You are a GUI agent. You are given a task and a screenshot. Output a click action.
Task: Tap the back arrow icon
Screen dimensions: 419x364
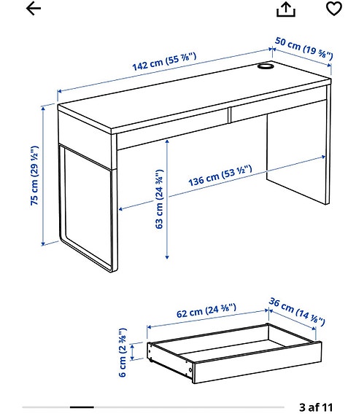pyautogui.click(x=34, y=9)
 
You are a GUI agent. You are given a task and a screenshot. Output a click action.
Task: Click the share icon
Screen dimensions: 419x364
pyautogui.click(x=287, y=9)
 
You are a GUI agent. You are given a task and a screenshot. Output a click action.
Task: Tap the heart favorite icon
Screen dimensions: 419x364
pyautogui.click(x=334, y=9)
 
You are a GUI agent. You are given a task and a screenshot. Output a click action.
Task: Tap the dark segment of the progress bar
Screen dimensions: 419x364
pyautogui.click(x=82, y=406)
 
